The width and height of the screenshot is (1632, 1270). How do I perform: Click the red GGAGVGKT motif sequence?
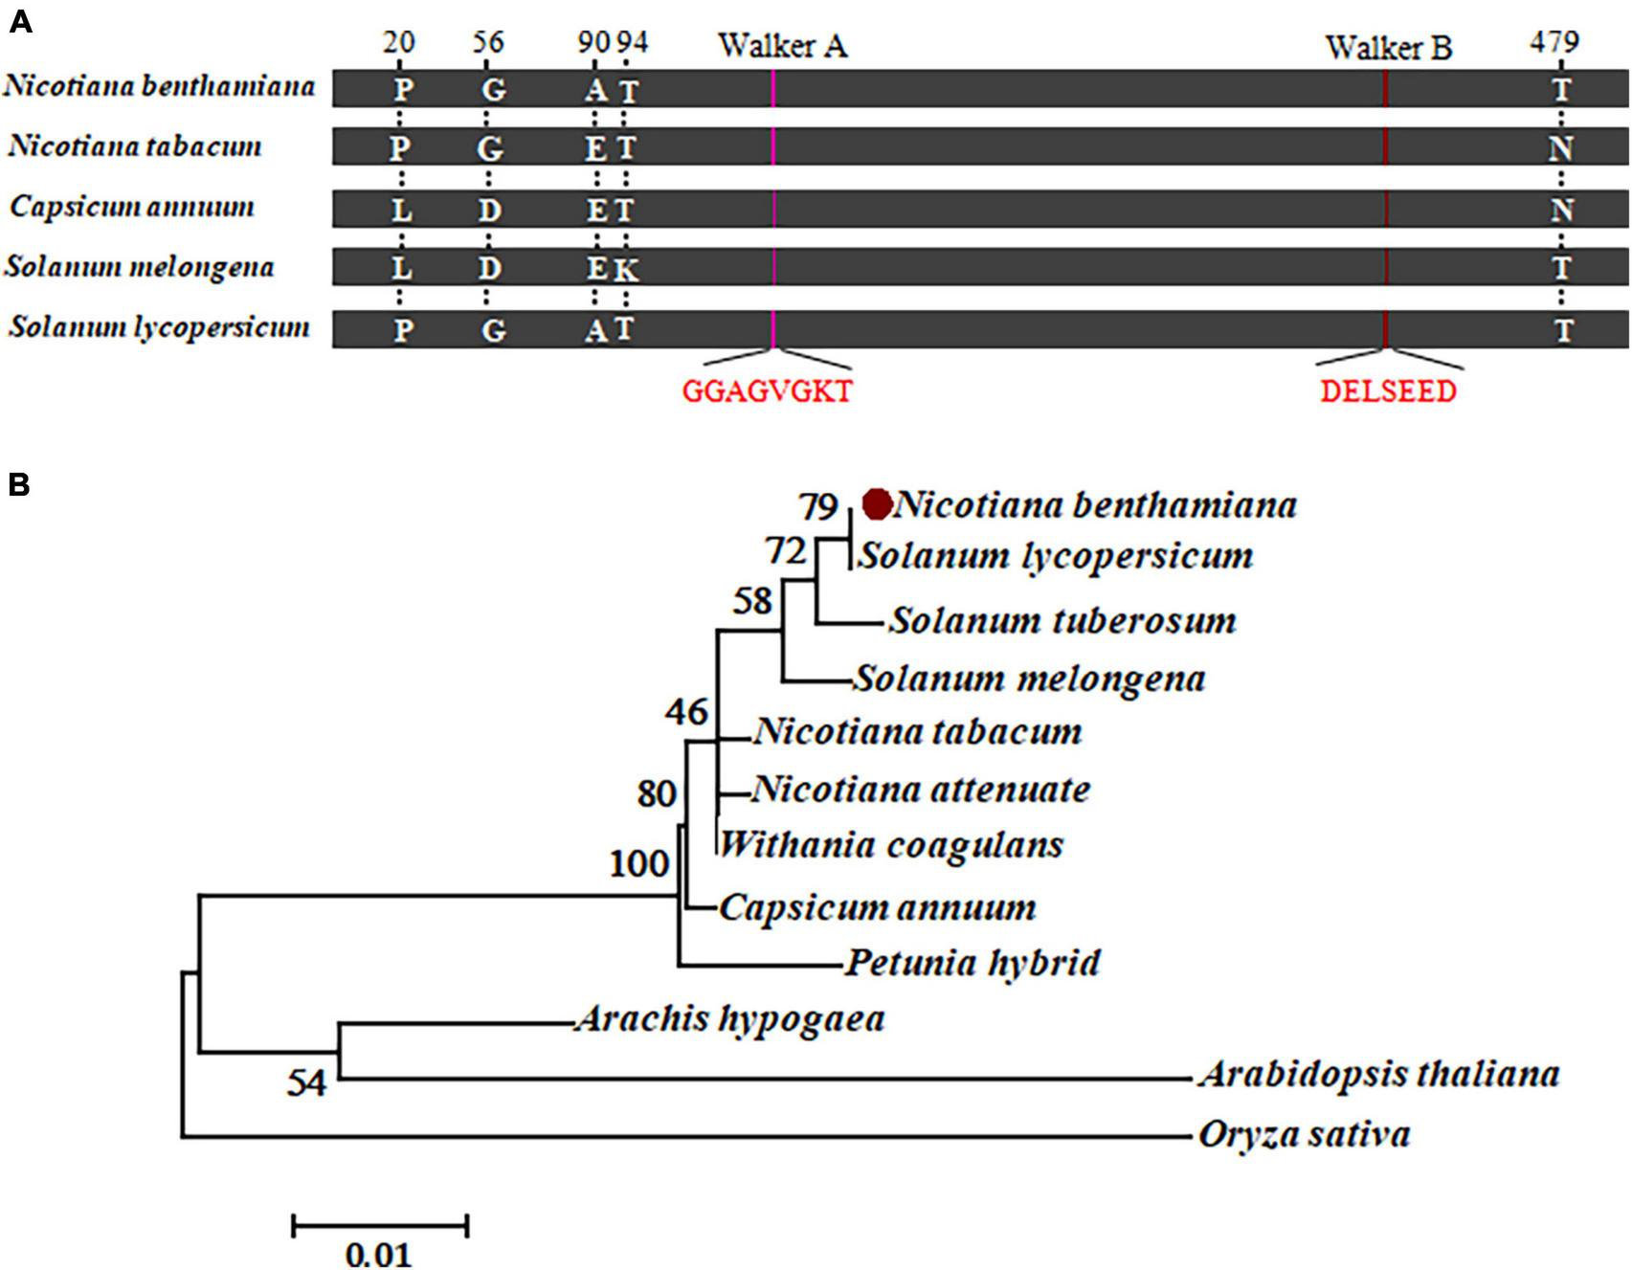click(767, 391)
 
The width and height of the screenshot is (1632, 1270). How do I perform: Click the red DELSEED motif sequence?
click(1388, 391)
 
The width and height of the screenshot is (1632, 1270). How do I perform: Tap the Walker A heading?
click(782, 45)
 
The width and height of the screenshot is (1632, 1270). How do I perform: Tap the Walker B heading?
click(1388, 47)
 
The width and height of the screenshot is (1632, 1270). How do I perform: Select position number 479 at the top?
click(1553, 42)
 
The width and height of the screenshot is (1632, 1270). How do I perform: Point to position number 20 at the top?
click(399, 42)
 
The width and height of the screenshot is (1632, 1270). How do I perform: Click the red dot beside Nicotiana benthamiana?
click(877, 503)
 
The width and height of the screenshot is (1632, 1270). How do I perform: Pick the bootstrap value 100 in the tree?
click(639, 864)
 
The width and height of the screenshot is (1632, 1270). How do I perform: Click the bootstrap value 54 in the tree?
click(306, 1083)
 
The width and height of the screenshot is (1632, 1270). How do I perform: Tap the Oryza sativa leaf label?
click(1304, 1135)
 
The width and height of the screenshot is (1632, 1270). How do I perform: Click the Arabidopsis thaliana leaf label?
click(1378, 1074)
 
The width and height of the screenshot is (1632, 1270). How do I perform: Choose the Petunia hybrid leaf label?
click(972, 962)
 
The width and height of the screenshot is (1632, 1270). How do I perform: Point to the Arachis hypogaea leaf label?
click(729, 1019)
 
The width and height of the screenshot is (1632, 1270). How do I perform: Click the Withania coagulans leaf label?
click(890, 845)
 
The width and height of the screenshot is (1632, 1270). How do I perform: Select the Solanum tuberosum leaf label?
click(1062, 620)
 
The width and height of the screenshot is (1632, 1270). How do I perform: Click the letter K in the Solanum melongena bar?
click(625, 270)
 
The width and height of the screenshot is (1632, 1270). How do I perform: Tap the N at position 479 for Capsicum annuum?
click(1561, 210)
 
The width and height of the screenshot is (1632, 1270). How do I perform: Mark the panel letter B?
click(19, 485)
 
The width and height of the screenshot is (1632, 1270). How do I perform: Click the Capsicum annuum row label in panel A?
click(132, 208)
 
